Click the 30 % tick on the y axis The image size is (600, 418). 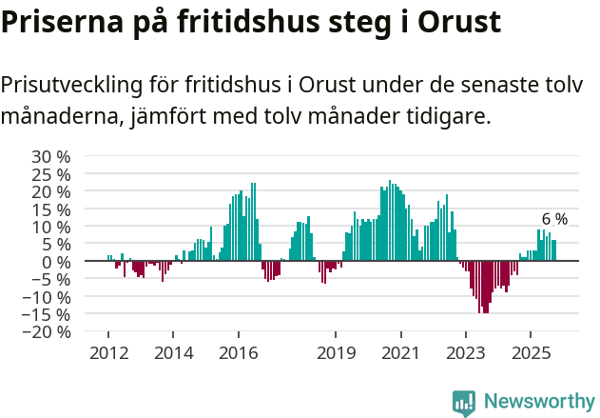tap(51, 156)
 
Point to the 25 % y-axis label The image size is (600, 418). tap(51, 174)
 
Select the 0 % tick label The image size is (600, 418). tap(56, 262)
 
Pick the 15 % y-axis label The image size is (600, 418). tap(51, 209)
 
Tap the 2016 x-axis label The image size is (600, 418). tap(238, 352)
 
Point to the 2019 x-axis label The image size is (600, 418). tap(335, 352)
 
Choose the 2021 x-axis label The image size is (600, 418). tap(400, 352)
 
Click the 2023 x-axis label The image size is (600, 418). tap(465, 352)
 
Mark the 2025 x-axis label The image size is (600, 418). tap(530, 352)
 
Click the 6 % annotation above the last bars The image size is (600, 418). tap(554, 219)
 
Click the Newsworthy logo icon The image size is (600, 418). tap(464, 402)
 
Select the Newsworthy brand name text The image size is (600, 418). tap(539, 402)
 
